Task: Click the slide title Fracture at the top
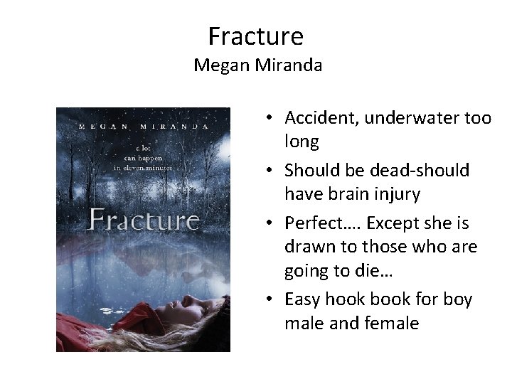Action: (256, 36)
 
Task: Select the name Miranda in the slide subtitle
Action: (290, 66)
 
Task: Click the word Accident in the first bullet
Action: (317, 118)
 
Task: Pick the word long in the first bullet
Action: (302, 142)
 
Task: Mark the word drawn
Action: (306, 247)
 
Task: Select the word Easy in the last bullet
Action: (302, 300)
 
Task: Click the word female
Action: (391, 323)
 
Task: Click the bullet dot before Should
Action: (273, 171)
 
